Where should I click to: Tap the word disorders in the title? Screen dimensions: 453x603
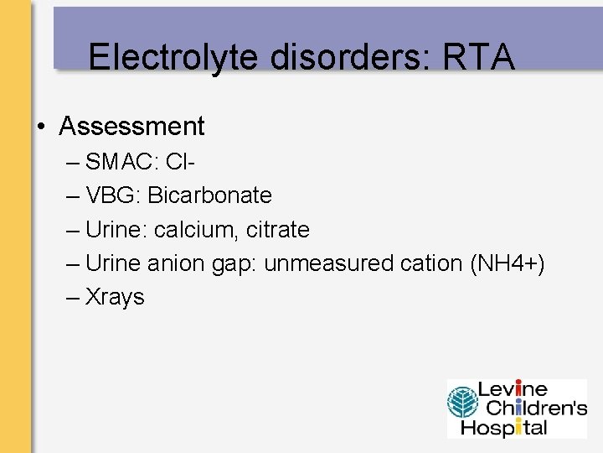(x=310, y=57)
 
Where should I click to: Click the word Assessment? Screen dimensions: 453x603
(x=131, y=127)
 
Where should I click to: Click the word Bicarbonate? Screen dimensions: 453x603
(x=210, y=195)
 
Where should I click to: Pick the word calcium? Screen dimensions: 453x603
(x=198, y=229)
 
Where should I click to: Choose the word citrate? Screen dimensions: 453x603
(x=278, y=229)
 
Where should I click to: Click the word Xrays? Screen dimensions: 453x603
(x=115, y=297)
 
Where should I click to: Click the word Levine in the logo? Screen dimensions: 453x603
(x=513, y=390)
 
